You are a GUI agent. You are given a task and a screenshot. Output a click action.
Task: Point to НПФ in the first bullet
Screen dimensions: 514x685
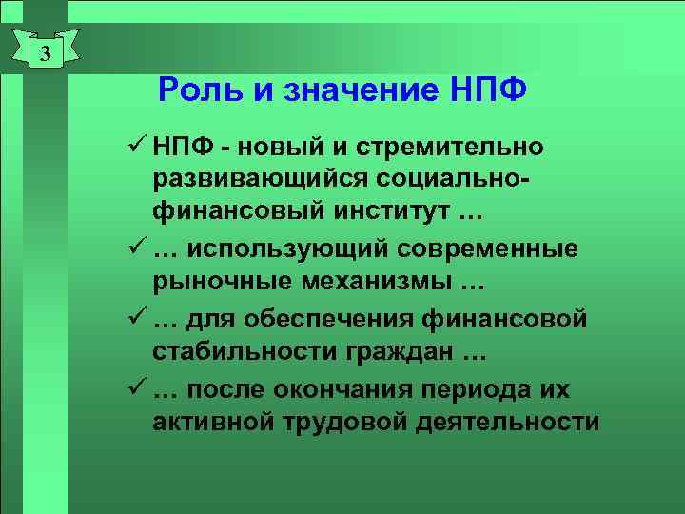[x=180, y=148]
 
